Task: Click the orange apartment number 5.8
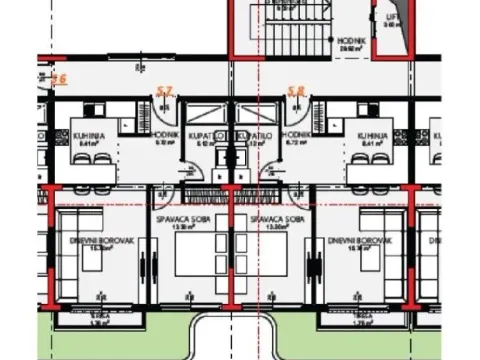tap(295, 91)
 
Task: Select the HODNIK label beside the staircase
tap(351, 41)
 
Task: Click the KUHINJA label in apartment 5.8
tap(371, 134)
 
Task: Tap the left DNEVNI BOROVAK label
tap(88, 241)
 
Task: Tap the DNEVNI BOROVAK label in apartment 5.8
tap(350, 241)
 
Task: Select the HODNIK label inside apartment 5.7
tap(166, 134)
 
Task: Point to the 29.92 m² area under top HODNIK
tap(351, 48)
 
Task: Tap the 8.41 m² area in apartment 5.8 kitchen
tap(371, 143)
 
